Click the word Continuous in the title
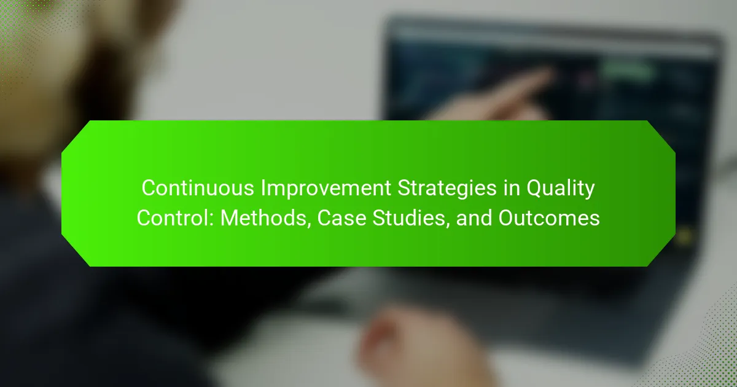tap(198, 188)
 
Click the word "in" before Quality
tap(512, 188)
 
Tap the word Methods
tap(263, 218)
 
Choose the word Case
tap(341, 218)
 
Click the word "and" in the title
tap(474, 218)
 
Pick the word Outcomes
tap(549, 218)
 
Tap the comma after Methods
tap(310, 225)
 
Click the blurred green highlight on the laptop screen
tap(627, 71)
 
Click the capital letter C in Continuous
tap(149, 188)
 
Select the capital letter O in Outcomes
tap(507, 218)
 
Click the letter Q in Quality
tap(535, 189)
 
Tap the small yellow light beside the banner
tap(684, 237)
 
